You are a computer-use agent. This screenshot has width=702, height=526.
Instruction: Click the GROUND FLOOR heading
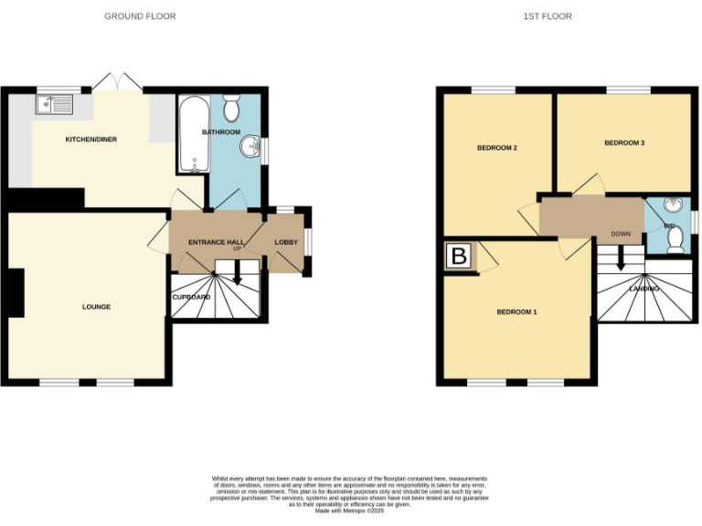coord(140,16)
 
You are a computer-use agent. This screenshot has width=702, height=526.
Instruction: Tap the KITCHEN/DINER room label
coord(90,139)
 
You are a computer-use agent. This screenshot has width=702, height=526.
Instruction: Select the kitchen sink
coord(55,104)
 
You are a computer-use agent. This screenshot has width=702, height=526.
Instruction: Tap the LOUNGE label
coord(96,307)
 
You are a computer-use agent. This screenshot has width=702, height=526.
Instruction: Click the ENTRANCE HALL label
coord(215,242)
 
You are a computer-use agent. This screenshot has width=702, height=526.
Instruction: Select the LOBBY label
coord(286,242)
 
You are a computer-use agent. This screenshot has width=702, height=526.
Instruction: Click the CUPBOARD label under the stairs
coord(191,297)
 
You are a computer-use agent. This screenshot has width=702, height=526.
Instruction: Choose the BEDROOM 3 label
coord(624,143)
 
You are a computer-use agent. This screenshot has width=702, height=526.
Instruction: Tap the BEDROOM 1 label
coord(516,312)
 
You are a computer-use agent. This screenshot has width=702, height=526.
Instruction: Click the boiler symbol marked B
coord(460,257)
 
